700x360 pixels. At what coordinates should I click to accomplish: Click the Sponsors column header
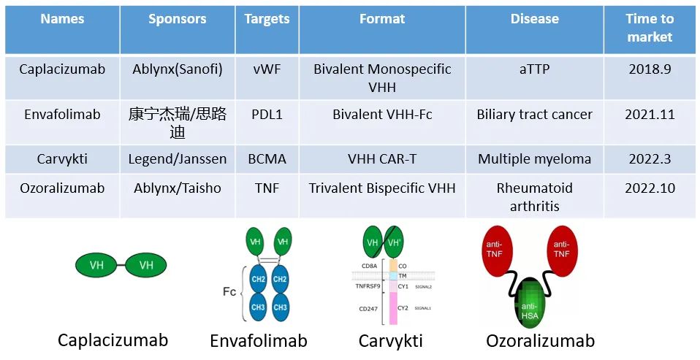(x=178, y=20)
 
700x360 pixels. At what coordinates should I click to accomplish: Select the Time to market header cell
(x=650, y=28)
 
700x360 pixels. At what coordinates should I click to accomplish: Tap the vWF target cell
(x=267, y=69)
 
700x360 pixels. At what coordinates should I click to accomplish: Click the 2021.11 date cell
(x=650, y=115)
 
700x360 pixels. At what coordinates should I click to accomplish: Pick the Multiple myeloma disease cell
(x=534, y=159)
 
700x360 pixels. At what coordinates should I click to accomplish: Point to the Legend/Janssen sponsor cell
(x=178, y=159)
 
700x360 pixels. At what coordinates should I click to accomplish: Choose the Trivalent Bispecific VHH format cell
(x=382, y=188)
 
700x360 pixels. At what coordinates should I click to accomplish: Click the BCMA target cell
(x=267, y=159)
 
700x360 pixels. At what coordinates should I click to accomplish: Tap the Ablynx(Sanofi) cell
(x=178, y=69)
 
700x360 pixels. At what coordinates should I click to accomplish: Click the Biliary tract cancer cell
(x=534, y=115)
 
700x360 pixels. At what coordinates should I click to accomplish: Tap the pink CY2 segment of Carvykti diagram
(x=392, y=310)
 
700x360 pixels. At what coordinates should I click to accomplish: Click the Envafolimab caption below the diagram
(x=258, y=341)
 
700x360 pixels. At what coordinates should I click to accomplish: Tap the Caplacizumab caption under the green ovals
(x=113, y=340)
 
